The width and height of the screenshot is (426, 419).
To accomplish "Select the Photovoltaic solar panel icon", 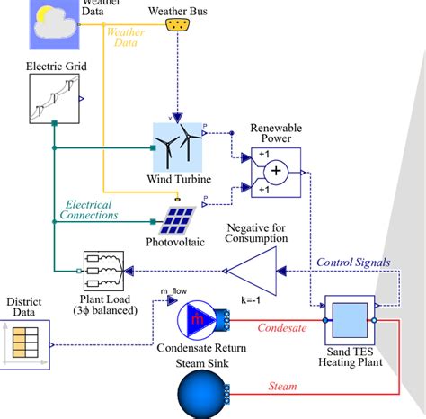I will pyautogui.click(x=180, y=218).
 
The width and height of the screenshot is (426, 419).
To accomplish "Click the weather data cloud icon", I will pyautogui.click(x=54, y=20).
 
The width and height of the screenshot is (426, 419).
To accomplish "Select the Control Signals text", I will pyautogui.click(x=353, y=263).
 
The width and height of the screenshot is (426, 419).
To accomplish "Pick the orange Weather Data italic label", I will pyautogui.click(x=125, y=37).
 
